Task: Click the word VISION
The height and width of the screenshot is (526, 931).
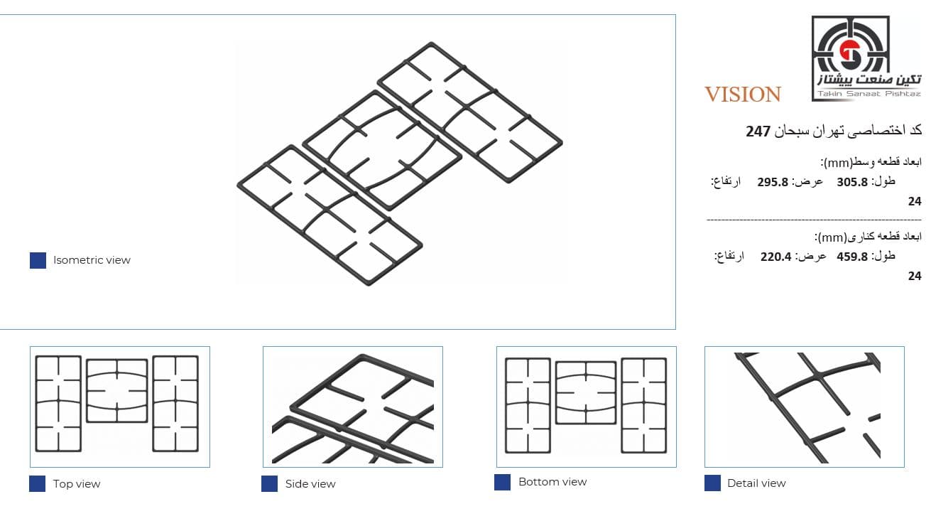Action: tap(743, 95)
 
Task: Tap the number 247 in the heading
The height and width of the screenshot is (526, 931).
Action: tap(758, 131)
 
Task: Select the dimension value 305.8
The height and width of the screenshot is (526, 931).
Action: tap(852, 182)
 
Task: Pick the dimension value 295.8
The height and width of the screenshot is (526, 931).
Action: tap(773, 182)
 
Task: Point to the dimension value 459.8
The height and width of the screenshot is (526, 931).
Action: tap(852, 257)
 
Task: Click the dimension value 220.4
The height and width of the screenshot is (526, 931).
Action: tap(776, 257)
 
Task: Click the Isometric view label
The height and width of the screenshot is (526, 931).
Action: tap(92, 260)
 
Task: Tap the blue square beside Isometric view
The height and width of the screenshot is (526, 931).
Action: tap(38, 260)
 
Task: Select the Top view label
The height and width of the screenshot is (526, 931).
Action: tap(77, 484)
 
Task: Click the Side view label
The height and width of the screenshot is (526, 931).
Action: tap(310, 484)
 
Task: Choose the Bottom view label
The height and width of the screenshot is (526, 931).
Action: tap(552, 482)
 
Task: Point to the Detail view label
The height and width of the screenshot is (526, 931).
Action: tap(756, 483)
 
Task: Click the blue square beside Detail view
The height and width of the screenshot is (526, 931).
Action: tap(712, 483)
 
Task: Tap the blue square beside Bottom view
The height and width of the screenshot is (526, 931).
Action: tap(503, 483)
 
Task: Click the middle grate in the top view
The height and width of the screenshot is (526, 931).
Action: tap(87, 391)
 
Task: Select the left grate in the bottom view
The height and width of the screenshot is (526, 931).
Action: tap(506, 405)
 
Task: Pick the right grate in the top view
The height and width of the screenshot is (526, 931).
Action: tap(153, 404)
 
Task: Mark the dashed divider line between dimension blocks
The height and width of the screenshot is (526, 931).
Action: tap(814, 220)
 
